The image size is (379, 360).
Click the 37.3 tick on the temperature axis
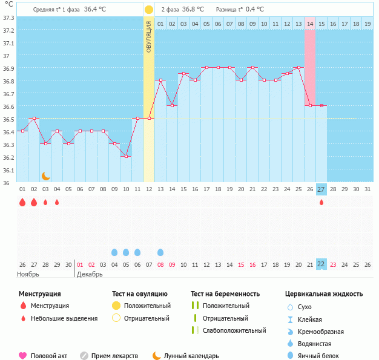tap(8, 18)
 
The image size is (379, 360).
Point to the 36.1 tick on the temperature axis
tap(8, 170)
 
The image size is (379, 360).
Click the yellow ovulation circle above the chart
tap(149, 10)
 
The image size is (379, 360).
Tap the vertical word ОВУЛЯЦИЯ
tap(149, 36)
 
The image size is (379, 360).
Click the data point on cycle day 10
tap(126, 156)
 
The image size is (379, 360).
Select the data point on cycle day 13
tap(160, 80)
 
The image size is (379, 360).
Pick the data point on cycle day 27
tap(321, 105)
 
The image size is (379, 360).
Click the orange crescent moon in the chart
tap(45, 175)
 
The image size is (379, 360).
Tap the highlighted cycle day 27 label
tap(321, 189)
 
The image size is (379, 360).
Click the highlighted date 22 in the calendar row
tap(321, 264)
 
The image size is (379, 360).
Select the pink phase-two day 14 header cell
tap(310, 24)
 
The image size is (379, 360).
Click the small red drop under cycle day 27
tap(321, 202)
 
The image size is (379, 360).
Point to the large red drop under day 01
tap(22, 202)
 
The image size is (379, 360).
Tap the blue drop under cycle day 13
tap(160, 252)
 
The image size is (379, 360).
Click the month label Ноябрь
tap(28, 274)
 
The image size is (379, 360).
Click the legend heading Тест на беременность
tap(225, 294)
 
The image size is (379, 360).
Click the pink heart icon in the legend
tap(23, 356)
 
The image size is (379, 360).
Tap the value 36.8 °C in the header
tap(193, 10)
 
